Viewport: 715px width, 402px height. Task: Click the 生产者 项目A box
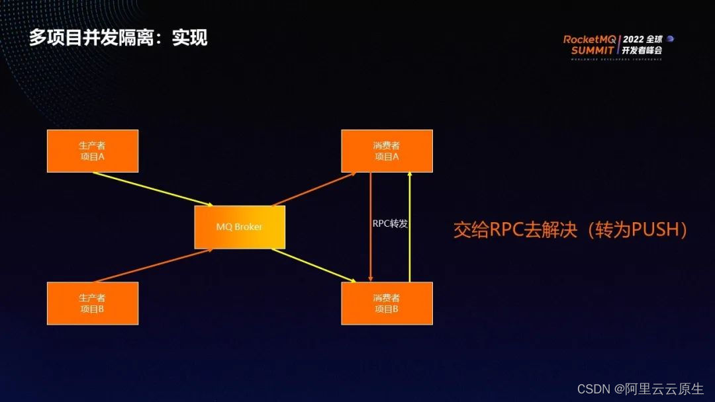coord(93,151)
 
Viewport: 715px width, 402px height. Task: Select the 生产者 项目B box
coord(93,303)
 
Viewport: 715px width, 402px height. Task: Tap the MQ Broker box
coord(240,227)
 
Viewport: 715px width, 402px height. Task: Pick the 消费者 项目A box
coord(387,151)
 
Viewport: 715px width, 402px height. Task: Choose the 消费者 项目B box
coord(387,303)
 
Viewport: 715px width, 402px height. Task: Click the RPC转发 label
coord(390,223)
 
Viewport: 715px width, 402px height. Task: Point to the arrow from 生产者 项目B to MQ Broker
coord(152,266)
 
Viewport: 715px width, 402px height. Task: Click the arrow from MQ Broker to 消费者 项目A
coord(314,189)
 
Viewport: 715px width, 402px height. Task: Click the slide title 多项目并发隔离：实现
coord(118,38)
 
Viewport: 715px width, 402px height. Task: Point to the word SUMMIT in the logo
coord(593,50)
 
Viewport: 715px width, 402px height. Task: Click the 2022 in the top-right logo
coord(634,39)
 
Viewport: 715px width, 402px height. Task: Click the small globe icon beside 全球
coord(670,38)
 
